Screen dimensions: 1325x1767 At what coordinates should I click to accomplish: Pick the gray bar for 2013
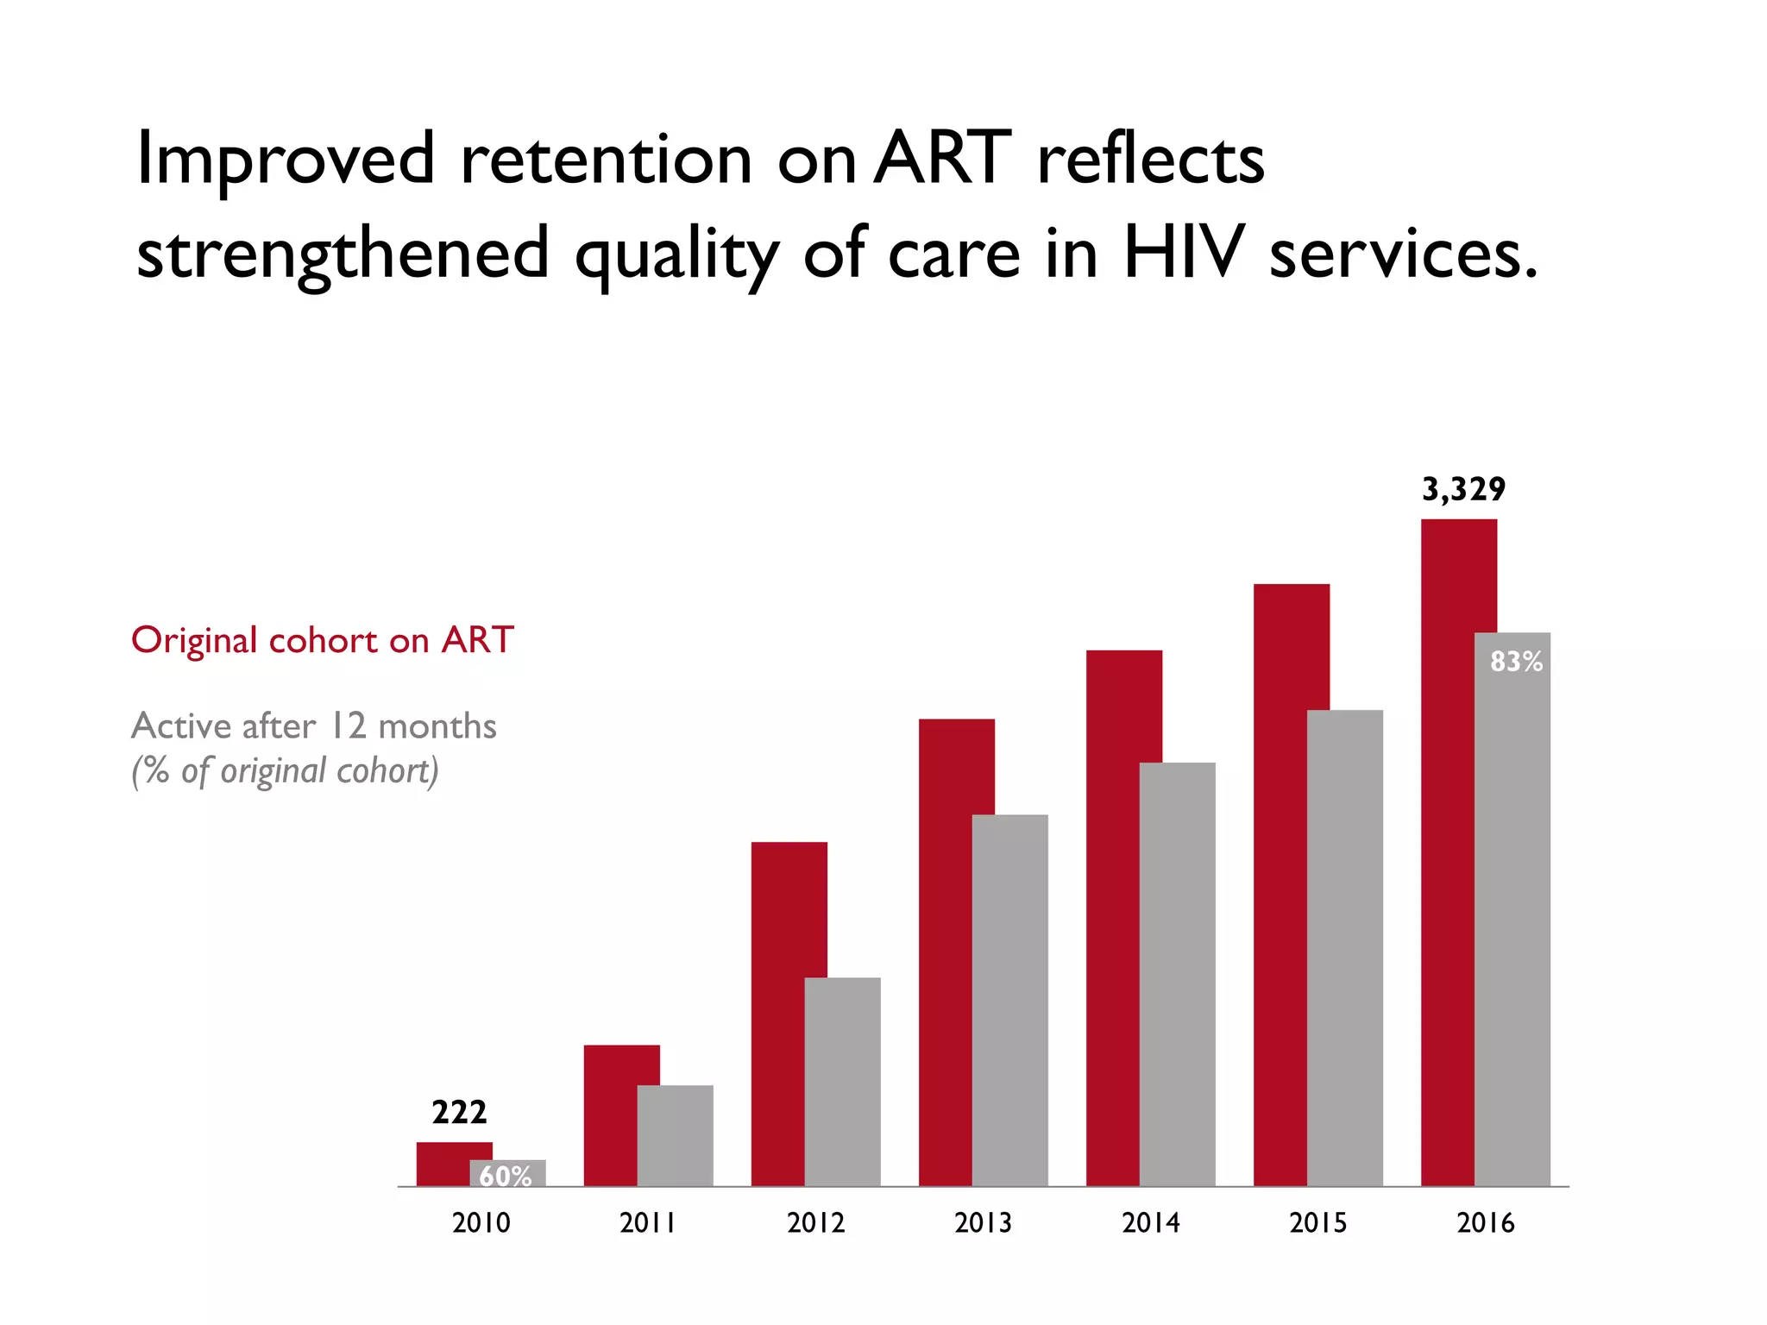[1010, 1001]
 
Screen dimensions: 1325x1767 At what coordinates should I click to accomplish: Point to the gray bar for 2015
[1345, 948]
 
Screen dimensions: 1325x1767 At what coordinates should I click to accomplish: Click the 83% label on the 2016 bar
[1516, 662]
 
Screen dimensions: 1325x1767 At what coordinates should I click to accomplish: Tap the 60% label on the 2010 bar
[506, 1176]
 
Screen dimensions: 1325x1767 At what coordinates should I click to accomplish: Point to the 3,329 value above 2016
[1463, 489]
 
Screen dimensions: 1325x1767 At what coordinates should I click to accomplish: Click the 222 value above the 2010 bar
[459, 1112]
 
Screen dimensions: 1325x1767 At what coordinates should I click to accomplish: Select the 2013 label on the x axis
[983, 1222]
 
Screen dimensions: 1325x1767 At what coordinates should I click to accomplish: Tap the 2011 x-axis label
[648, 1222]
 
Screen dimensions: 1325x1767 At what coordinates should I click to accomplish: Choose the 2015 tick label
[1317, 1222]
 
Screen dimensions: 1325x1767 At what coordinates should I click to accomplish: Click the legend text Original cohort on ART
[323, 640]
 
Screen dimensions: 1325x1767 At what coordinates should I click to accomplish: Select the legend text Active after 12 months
[314, 726]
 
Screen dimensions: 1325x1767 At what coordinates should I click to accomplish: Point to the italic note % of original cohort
[286, 770]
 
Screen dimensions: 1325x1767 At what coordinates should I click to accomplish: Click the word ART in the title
[942, 159]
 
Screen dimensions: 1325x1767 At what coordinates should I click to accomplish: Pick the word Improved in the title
[286, 160]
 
